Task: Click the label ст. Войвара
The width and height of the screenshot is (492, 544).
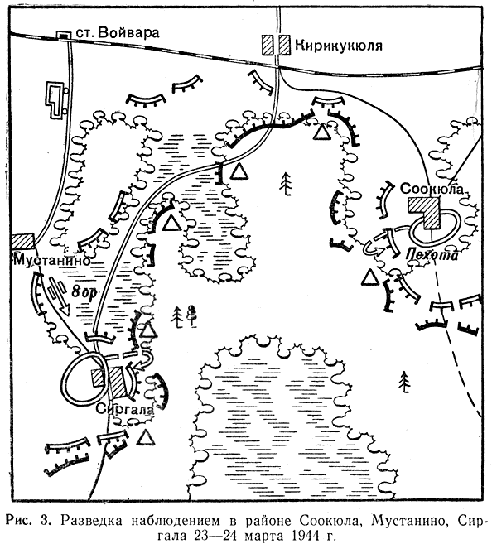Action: point(118,32)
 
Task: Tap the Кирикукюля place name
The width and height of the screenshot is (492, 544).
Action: point(338,46)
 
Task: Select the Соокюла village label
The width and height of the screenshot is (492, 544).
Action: point(432,189)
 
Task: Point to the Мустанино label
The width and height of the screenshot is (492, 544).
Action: point(51,260)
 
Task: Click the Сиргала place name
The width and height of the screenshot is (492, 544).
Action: point(124,409)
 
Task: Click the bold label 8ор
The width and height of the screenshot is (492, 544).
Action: point(84,292)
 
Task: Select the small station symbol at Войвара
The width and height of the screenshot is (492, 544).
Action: point(63,35)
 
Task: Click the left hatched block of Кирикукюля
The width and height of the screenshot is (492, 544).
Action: point(268,45)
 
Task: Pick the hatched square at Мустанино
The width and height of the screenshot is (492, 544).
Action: point(23,240)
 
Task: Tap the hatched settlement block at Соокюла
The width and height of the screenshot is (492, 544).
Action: point(424,212)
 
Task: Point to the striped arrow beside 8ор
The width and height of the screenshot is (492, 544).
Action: point(60,296)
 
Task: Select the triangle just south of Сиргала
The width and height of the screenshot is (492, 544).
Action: point(146,437)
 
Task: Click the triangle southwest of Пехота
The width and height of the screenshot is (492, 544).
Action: point(369,277)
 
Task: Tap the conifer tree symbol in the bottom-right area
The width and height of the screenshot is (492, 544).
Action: point(404,382)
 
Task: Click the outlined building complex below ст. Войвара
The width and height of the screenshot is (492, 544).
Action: point(55,100)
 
